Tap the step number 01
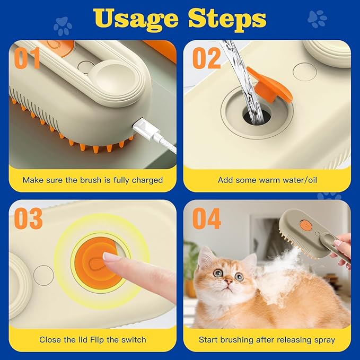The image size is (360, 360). pos(27,58)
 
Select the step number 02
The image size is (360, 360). pos(206,58)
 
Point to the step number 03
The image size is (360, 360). pos(28,219)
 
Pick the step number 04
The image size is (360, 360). pos(206,219)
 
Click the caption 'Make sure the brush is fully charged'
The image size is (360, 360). pos(92,180)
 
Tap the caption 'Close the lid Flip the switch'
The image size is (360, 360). pos(92,339)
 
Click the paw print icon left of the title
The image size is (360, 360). pos(63,25)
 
